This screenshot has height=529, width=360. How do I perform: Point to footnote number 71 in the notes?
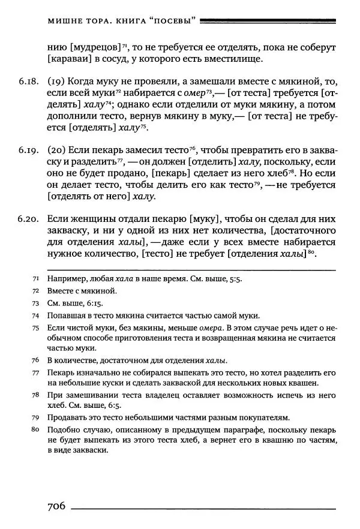(35, 279)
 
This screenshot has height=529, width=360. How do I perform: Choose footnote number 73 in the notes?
(35, 303)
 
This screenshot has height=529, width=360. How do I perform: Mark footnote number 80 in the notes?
(35, 430)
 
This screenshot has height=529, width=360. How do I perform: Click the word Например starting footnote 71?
(66, 279)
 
